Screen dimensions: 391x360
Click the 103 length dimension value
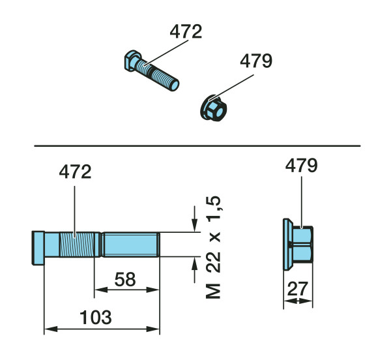click(96, 318)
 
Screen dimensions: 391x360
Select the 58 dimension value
click(125, 279)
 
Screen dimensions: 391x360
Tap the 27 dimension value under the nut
click(298, 289)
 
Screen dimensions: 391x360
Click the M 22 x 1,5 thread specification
click(214, 247)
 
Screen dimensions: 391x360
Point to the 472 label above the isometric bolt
click(186, 31)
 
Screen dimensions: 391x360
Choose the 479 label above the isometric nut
click(256, 61)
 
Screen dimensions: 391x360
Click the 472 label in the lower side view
click(75, 172)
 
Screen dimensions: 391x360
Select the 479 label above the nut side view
click(301, 166)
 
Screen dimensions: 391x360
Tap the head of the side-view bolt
click(38, 248)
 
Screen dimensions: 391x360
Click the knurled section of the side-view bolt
click(77, 245)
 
